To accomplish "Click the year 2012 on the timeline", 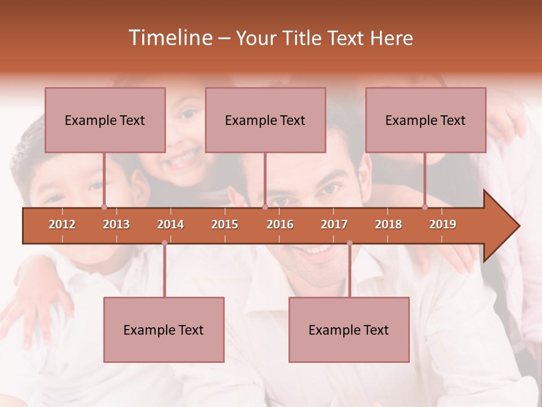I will [x=62, y=224].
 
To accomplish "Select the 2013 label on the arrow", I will [x=116, y=224].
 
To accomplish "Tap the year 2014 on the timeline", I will [x=171, y=224].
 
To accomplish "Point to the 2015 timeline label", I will [x=225, y=224].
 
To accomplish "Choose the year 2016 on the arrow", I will [x=280, y=224].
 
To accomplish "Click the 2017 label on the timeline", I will [x=334, y=224].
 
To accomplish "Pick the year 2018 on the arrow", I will [x=388, y=224].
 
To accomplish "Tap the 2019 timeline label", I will [x=443, y=224].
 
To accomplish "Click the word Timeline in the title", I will [x=169, y=38].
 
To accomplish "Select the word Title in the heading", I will [x=304, y=38].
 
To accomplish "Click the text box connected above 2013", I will [x=105, y=120].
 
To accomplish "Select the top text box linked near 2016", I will [x=265, y=120].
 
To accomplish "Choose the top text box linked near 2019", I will [x=426, y=120].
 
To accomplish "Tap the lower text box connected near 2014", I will [x=164, y=330].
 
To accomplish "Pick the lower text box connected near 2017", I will [x=349, y=330].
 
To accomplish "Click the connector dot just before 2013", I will [x=104, y=207].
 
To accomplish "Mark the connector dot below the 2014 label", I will [x=164, y=243].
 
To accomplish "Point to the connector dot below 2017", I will [x=349, y=243].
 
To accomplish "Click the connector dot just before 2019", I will [x=425, y=207].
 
